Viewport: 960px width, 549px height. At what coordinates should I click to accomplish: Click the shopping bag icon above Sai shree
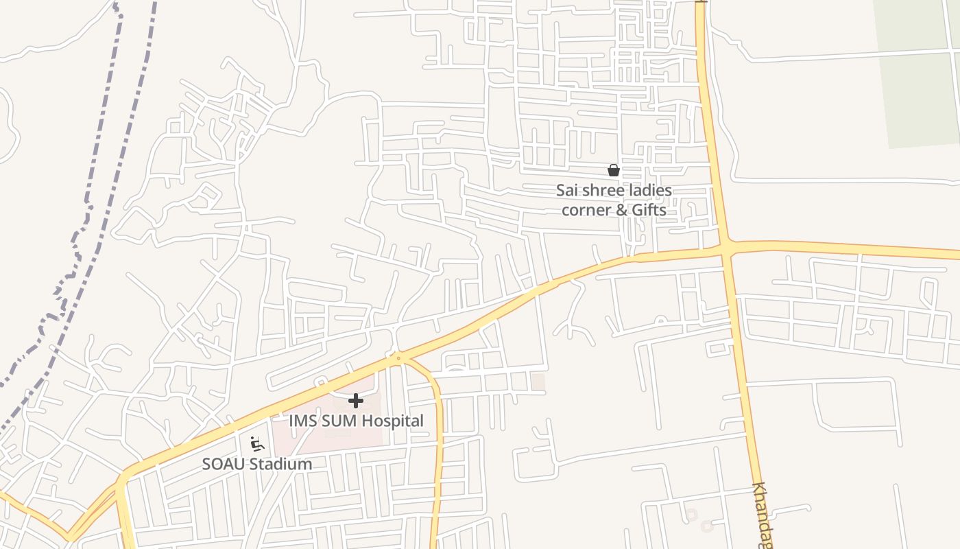[614, 170]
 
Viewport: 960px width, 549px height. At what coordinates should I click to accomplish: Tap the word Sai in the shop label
[568, 190]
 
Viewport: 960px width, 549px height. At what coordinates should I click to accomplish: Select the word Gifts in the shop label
[649, 209]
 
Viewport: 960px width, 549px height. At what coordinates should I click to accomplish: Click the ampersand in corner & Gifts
[621, 209]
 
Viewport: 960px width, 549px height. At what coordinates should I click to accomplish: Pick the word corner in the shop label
[587, 209]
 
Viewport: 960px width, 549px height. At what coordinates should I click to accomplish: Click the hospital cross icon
[356, 401]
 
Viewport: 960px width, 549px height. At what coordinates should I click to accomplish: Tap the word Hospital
[393, 421]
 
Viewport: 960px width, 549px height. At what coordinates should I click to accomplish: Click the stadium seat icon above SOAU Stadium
[257, 444]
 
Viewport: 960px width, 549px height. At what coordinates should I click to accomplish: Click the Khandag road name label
[762, 515]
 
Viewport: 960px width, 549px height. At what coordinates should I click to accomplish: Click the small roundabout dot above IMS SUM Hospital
[398, 358]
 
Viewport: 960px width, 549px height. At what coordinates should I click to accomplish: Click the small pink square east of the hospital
[538, 382]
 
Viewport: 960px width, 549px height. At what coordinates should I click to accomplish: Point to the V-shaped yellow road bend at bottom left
[69, 535]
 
